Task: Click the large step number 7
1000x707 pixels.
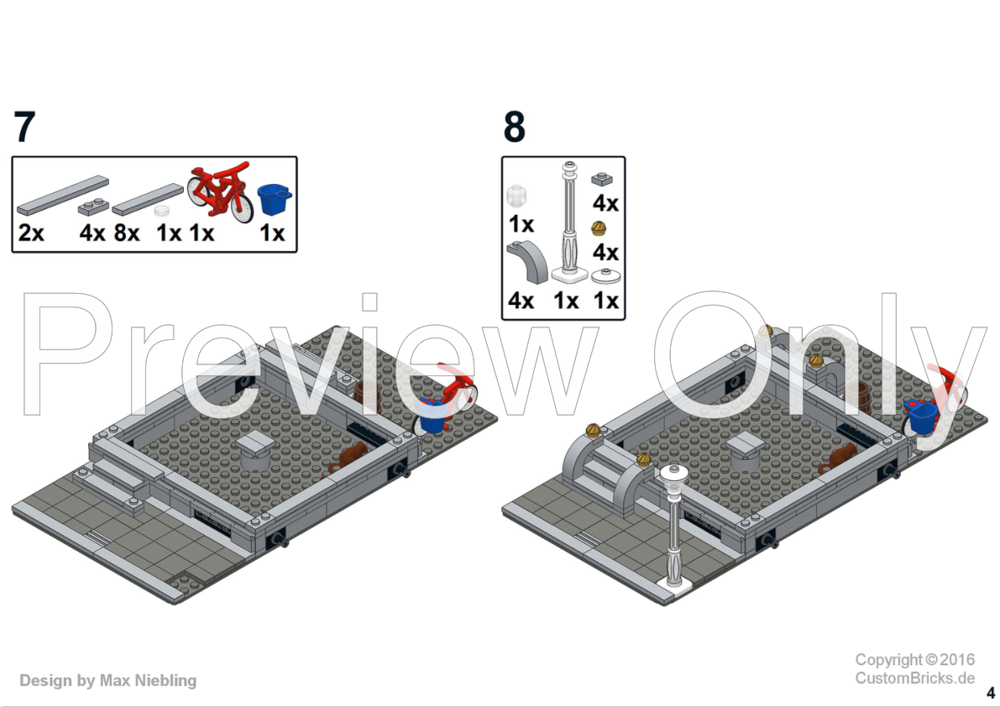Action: click(x=24, y=126)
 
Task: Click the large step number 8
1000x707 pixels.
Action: click(x=514, y=126)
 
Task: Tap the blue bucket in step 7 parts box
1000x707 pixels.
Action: click(x=275, y=199)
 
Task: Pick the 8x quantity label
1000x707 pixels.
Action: click(x=127, y=233)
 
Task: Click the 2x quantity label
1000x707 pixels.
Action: click(x=31, y=233)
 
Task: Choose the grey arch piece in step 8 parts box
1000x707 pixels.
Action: click(x=527, y=262)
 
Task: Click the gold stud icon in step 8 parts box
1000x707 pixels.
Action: click(x=599, y=228)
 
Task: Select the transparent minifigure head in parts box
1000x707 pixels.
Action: click(x=516, y=196)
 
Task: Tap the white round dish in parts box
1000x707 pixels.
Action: click(x=606, y=276)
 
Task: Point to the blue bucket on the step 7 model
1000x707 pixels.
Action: click(x=432, y=416)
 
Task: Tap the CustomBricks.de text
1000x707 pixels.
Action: click(x=915, y=678)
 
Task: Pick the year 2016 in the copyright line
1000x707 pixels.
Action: click(x=957, y=659)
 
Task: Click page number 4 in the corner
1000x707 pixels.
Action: click(x=991, y=693)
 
